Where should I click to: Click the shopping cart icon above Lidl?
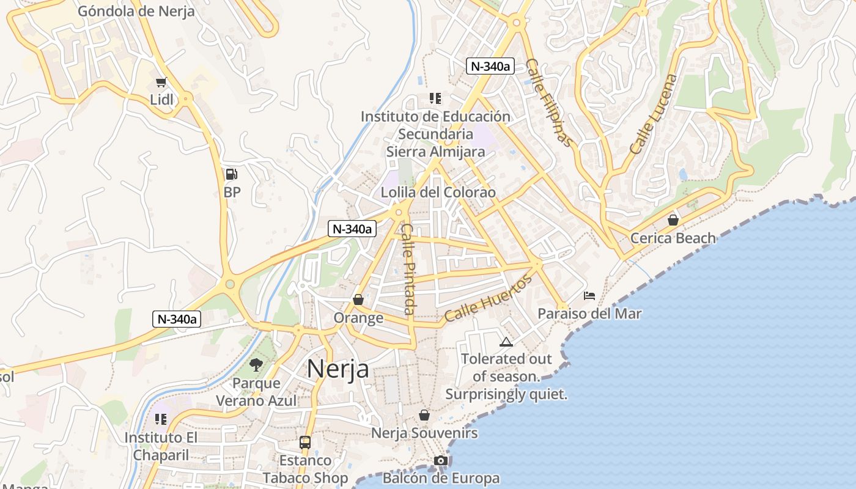click(161, 83)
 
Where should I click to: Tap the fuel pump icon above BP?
click(231, 174)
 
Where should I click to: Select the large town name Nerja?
click(338, 369)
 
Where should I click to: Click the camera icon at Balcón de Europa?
click(441, 460)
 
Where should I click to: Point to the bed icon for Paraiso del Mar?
click(589, 296)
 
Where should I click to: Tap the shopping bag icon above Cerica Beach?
click(673, 220)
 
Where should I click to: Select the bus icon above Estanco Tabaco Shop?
click(305, 442)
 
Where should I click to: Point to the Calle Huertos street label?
click(489, 299)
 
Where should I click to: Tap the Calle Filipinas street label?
click(550, 103)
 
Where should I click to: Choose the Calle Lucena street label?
click(654, 114)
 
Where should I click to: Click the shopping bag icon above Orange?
click(358, 300)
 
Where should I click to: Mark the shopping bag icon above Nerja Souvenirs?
click(424, 416)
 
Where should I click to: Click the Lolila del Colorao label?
click(438, 193)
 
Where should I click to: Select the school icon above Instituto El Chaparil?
click(161, 419)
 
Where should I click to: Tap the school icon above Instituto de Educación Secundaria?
click(435, 98)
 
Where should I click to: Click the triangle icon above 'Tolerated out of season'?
click(506, 342)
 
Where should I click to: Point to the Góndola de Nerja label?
click(136, 10)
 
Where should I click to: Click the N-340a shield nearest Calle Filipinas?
click(489, 66)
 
